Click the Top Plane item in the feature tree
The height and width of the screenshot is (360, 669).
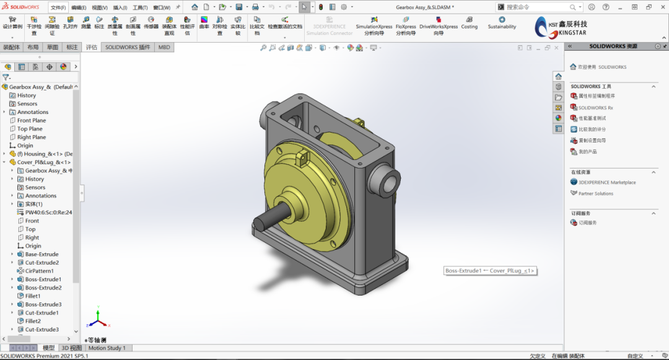[x=30, y=129]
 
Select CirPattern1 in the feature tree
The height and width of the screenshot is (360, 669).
[x=39, y=271]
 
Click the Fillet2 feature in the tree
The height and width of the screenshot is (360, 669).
[x=33, y=321]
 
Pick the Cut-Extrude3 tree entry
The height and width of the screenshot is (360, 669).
[x=42, y=330]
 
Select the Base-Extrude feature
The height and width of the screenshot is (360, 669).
[x=42, y=254]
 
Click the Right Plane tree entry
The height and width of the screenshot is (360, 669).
[x=32, y=137]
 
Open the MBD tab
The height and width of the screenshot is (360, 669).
[x=164, y=47]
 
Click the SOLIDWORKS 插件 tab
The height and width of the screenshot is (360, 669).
[x=128, y=47]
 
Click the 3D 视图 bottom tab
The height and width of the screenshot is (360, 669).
[x=71, y=348]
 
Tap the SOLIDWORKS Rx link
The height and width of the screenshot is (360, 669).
[x=595, y=108]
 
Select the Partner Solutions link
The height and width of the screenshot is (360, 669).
[x=595, y=193]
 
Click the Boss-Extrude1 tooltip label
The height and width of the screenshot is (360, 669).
[x=489, y=271]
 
